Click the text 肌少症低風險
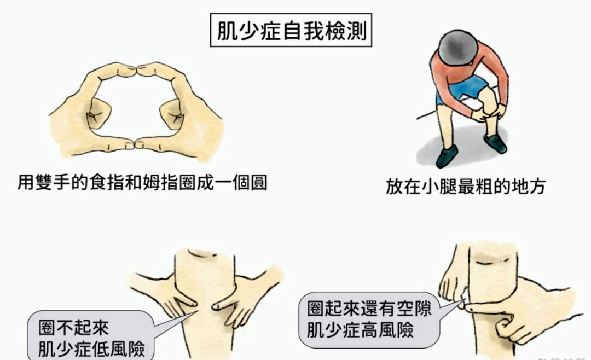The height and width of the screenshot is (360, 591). (92, 349)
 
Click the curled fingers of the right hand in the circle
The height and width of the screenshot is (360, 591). (171, 115)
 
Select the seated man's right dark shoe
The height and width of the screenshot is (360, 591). (495, 144)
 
